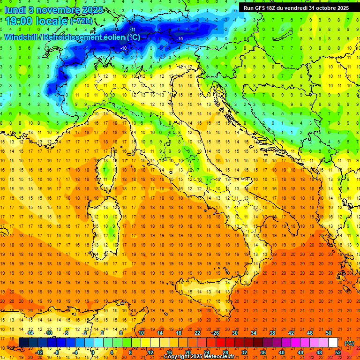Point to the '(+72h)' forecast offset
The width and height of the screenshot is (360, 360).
coord(82,21)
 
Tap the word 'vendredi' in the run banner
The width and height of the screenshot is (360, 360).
coord(296,8)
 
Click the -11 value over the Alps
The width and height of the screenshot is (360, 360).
coord(133,30)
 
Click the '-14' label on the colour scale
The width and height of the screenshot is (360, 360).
coord(30,332)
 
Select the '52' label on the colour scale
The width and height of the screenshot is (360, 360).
coord(337,352)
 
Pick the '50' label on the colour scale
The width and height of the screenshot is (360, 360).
coord(328,332)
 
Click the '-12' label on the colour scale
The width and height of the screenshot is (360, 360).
coord(39,352)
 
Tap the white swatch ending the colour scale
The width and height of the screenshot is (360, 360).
coord(333,343)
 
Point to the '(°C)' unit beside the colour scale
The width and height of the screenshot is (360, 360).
coord(349,343)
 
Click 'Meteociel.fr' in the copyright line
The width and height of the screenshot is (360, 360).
coord(220,357)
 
